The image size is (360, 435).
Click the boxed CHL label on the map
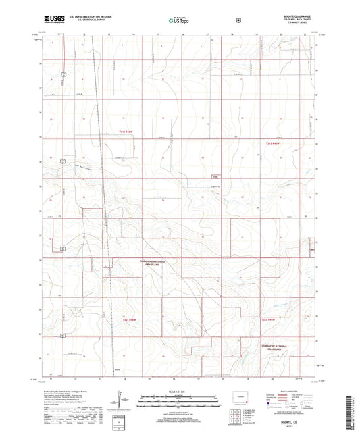(x=215, y=178)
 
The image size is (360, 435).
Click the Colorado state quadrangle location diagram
(x=240, y=395)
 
